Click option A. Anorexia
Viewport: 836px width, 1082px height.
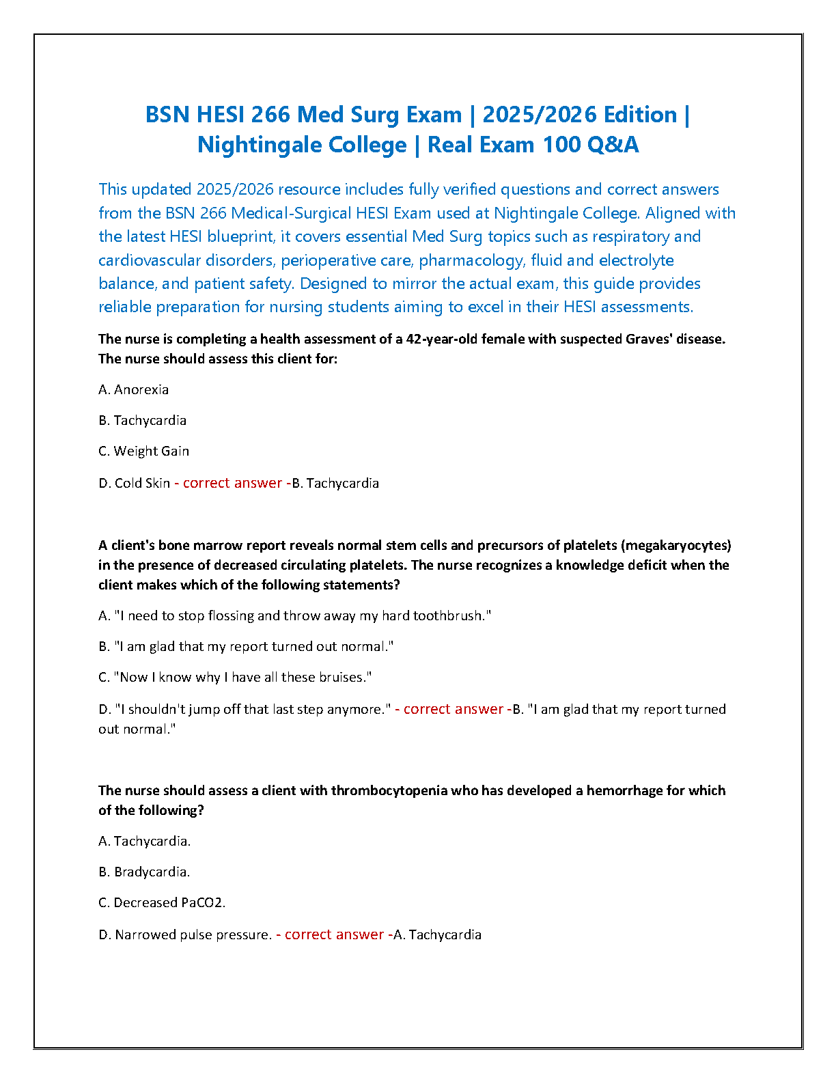[134, 389]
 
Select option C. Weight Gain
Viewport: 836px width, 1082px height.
[144, 451]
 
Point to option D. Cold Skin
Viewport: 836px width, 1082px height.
[135, 483]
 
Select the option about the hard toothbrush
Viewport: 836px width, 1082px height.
[295, 615]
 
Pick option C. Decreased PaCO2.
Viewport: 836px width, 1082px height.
[162, 902]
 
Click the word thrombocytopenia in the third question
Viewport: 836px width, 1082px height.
[389, 790]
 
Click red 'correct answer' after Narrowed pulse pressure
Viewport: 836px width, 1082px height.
[334, 934]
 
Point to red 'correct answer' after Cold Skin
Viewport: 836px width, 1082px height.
[232, 483]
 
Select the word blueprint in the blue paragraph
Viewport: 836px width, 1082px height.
[240, 236]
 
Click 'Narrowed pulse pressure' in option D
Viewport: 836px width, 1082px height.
[193, 934]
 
